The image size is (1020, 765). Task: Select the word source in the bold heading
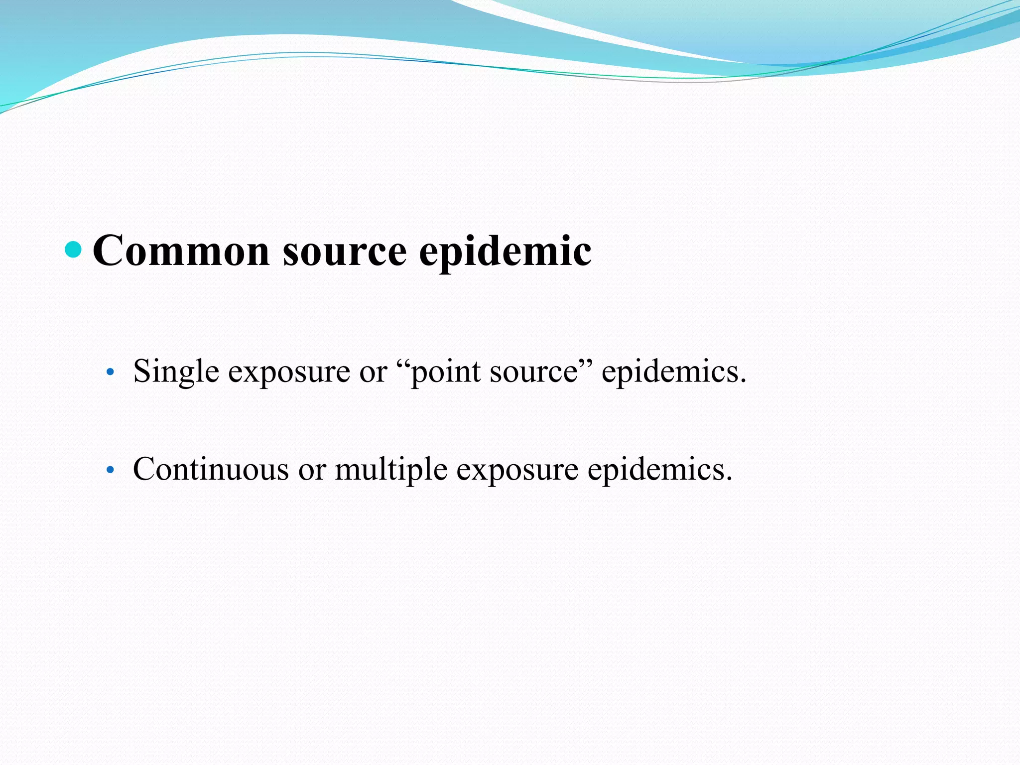(345, 251)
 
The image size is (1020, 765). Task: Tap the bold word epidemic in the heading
(505, 251)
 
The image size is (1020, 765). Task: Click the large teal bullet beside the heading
(73, 250)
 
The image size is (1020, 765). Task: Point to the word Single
(176, 372)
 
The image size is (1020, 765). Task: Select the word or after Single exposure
(373, 372)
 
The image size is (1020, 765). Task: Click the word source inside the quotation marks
(533, 372)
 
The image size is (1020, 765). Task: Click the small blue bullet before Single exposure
(111, 372)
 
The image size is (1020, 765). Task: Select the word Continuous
(211, 469)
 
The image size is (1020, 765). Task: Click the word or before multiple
(312, 469)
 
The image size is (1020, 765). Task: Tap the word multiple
(391, 469)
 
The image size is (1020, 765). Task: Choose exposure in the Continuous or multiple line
(517, 469)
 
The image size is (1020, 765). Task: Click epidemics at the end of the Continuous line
(659, 469)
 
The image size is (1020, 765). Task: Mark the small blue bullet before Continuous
(111, 470)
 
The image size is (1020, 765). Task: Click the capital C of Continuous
(144, 469)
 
